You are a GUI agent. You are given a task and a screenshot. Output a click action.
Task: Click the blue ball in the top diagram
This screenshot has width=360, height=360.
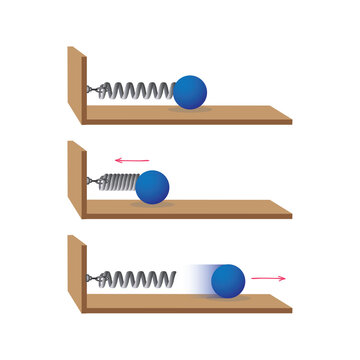click(x=190, y=92)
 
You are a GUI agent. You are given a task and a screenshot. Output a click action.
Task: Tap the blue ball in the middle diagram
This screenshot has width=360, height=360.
click(x=152, y=187)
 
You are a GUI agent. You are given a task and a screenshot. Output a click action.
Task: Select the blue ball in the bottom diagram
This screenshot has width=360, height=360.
click(x=229, y=280)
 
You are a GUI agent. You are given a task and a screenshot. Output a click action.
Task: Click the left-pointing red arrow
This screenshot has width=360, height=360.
click(x=131, y=159)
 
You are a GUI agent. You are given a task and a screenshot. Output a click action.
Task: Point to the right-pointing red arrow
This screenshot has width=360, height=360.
click(x=269, y=277)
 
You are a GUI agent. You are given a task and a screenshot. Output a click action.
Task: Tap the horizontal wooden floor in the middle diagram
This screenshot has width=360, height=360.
click(x=230, y=208)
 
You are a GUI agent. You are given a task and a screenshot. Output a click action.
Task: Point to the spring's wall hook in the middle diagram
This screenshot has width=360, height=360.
click(x=92, y=183)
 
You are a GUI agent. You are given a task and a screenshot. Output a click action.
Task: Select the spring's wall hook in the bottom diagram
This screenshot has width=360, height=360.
click(x=92, y=277)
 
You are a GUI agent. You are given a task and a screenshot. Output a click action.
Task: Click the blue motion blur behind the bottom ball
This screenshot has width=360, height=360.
click(x=198, y=279)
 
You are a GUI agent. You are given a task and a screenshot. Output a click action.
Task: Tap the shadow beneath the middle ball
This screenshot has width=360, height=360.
click(x=152, y=204)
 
